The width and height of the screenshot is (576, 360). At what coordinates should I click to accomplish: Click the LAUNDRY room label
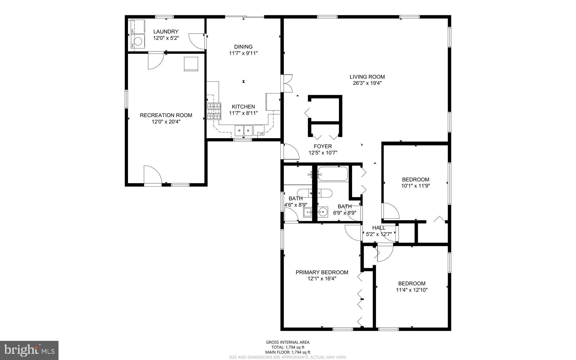tap(166, 32)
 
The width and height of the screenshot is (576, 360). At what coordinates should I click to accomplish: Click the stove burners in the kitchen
tap(214, 111)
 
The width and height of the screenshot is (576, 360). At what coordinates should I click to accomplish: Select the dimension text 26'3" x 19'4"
tap(367, 83)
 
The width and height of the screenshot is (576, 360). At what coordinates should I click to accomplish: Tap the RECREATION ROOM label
tap(166, 115)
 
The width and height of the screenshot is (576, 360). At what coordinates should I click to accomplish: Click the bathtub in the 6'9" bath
tap(333, 174)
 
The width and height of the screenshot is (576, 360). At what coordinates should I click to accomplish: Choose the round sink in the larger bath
tap(323, 212)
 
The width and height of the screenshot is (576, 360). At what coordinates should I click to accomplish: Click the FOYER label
tap(323, 146)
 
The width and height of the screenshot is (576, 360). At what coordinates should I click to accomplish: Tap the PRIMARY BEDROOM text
tap(322, 272)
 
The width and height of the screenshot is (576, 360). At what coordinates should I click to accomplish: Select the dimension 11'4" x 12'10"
tap(411, 290)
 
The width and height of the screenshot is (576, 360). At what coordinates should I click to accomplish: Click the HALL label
tap(379, 228)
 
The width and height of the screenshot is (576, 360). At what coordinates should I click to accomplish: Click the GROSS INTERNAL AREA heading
tap(288, 342)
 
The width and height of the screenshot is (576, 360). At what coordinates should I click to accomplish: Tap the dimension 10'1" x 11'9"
tap(415, 186)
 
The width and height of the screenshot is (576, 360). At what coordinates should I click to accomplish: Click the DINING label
tap(243, 47)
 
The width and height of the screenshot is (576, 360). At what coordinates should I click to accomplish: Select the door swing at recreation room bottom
tap(152, 175)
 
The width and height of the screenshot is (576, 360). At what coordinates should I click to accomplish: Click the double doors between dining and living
tap(288, 83)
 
